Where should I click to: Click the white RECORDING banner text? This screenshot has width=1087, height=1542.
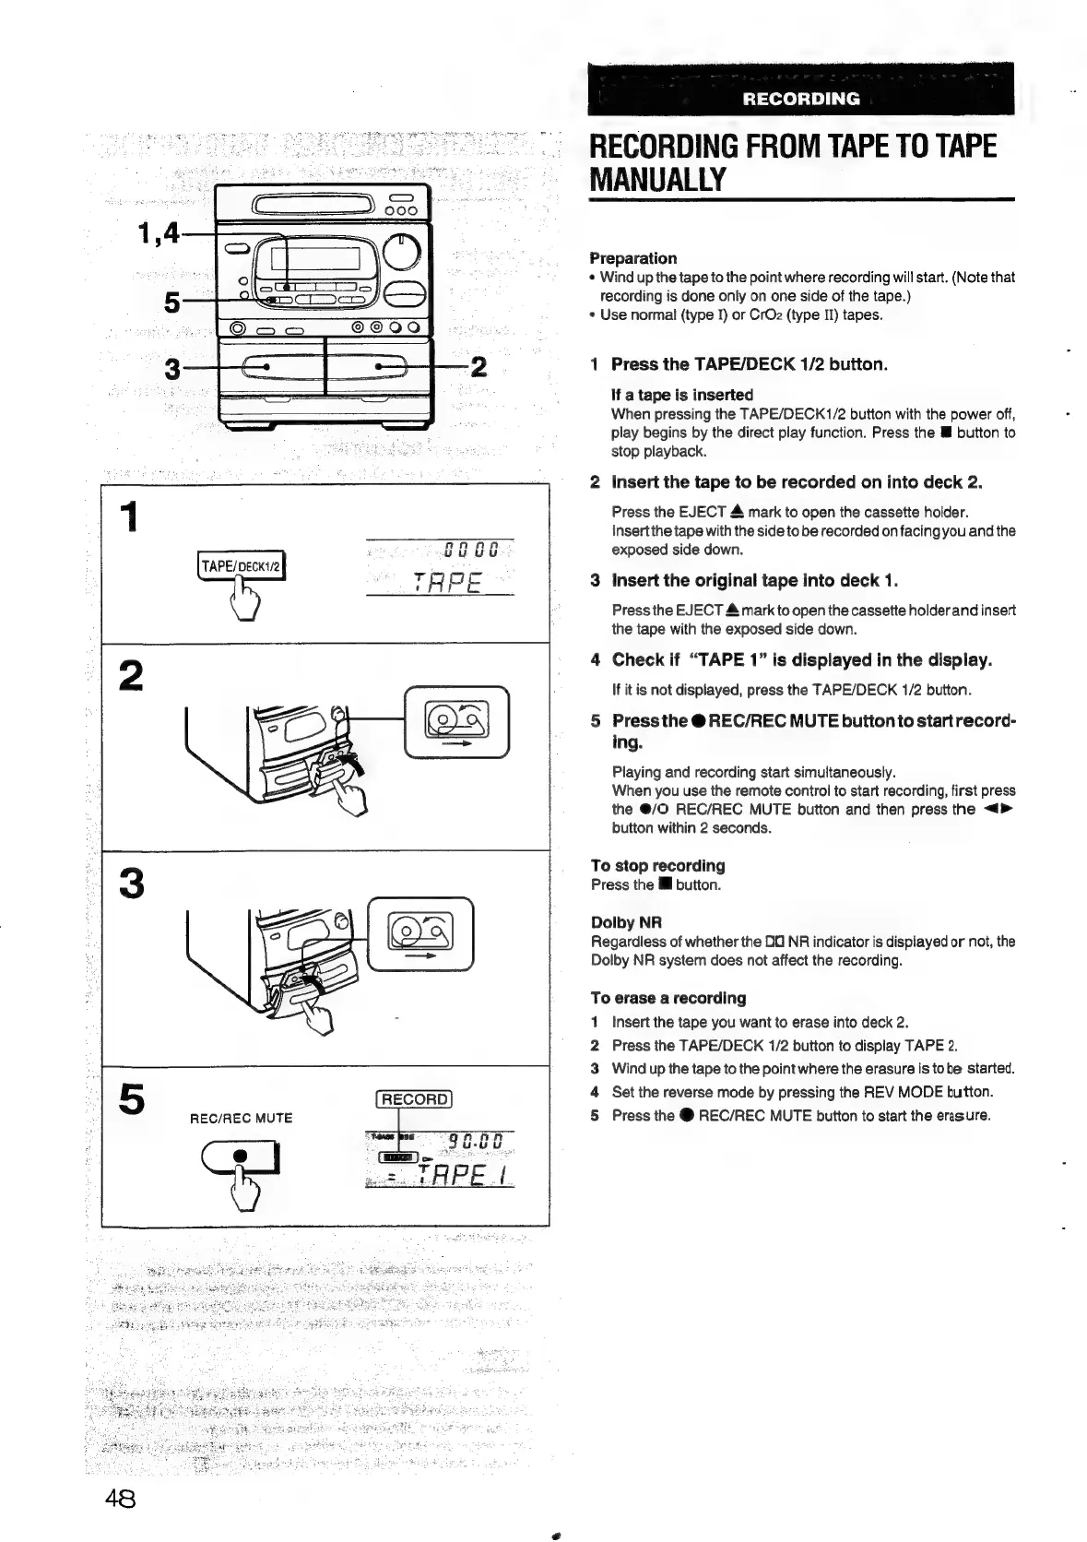click(801, 99)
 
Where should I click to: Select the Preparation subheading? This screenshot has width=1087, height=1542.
click(633, 258)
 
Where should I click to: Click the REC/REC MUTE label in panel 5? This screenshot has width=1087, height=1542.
click(241, 1119)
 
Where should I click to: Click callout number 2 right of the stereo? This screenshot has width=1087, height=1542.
click(479, 368)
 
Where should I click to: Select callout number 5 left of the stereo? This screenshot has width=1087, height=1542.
click(171, 301)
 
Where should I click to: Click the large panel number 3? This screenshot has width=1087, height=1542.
click(133, 884)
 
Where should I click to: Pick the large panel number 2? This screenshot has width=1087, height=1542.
click(133, 676)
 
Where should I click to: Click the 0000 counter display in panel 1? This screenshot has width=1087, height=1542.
click(470, 551)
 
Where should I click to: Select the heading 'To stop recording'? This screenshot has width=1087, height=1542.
click(657, 865)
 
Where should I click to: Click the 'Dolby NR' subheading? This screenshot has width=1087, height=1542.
click(626, 922)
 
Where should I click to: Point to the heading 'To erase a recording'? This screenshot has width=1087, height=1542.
click(668, 998)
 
